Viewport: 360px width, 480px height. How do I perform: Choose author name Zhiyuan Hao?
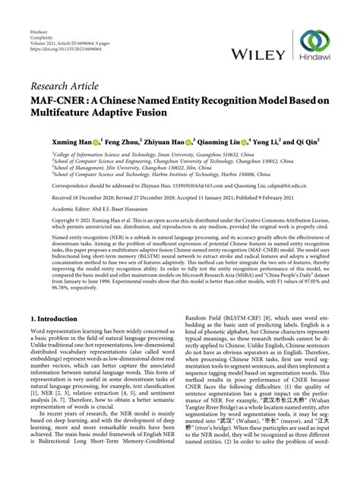[166, 141]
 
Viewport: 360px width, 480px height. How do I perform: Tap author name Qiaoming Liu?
[222, 141]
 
